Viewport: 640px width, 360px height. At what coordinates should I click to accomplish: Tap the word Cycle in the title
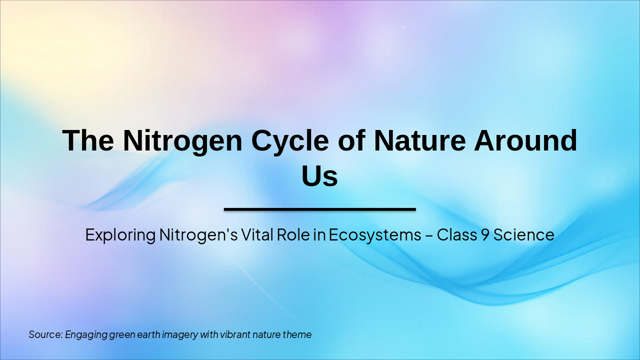click(290, 140)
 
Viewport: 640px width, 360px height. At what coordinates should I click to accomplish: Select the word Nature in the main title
click(419, 140)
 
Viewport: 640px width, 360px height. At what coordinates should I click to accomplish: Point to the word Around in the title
click(525, 140)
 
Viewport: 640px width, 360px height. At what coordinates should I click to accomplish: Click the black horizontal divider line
click(319, 209)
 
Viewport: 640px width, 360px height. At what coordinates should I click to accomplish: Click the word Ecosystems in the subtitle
click(375, 235)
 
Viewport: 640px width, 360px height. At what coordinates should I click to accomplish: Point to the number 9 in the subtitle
click(484, 234)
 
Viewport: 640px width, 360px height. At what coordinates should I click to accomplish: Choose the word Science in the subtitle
click(524, 234)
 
